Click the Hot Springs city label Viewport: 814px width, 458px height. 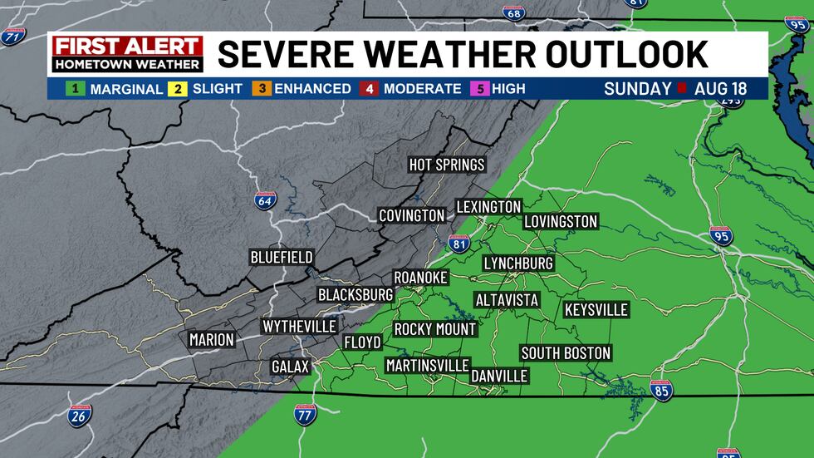point(447,165)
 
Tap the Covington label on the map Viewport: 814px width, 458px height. point(412,215)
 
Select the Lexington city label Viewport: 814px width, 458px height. point(488,207)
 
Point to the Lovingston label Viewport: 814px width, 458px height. point(561,221)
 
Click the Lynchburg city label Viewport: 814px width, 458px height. point(518,263)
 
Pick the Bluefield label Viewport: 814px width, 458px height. point(282,257)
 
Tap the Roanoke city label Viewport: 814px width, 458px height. point(420,277)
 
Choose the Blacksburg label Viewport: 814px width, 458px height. point(355,294)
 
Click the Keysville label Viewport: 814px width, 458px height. point(596,310)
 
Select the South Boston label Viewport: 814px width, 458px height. point(566,353)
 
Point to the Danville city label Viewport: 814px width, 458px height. point(499,376)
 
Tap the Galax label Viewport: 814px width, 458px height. point(290,367)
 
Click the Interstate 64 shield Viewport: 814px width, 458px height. point(262,200)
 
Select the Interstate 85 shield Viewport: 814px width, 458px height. point(662,391)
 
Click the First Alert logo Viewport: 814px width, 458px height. point(127,53)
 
